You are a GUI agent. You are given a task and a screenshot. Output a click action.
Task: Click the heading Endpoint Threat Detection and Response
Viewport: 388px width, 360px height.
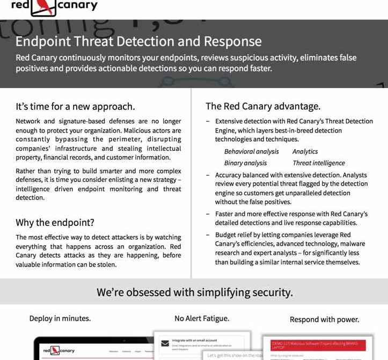coord(138,41)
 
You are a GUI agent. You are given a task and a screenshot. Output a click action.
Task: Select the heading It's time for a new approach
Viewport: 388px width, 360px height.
coord(75,106)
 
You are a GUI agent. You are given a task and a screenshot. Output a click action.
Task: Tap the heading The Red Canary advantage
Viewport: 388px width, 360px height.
coord(263,106)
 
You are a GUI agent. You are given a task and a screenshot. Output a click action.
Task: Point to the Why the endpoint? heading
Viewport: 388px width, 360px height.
coord(55,223)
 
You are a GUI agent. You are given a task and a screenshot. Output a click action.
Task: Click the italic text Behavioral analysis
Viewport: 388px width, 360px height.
coord(251,152)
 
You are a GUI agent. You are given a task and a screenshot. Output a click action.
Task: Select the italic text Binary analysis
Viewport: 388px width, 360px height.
coord(245,163)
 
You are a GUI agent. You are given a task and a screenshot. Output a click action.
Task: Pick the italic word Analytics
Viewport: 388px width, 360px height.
coord(305,152)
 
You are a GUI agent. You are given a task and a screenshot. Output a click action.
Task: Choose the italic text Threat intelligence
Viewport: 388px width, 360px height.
coord(319,163)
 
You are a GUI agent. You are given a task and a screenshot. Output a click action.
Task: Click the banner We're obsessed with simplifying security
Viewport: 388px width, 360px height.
coord(194,292)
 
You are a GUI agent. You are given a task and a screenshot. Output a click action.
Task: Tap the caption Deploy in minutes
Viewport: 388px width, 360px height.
coord(60,319)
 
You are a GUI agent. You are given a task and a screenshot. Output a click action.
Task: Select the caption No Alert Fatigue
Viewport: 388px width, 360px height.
coord(202,319)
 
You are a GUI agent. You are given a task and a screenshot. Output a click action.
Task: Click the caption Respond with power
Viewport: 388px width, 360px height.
coord(324,319)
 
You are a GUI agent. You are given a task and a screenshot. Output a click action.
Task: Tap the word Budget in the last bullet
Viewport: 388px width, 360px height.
coord(225,235)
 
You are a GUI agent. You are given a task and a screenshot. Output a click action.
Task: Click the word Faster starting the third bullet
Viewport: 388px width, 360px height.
coord(225,214)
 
